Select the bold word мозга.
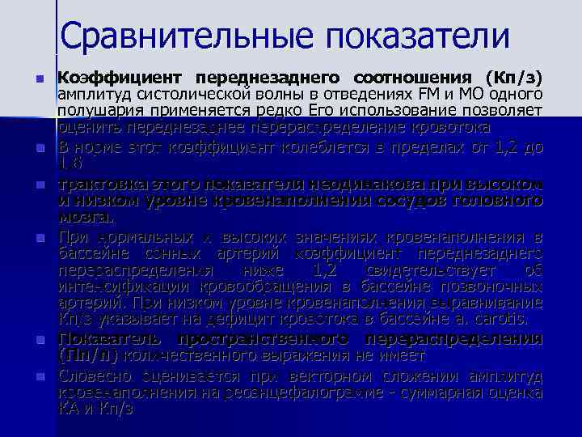(86, 217)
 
